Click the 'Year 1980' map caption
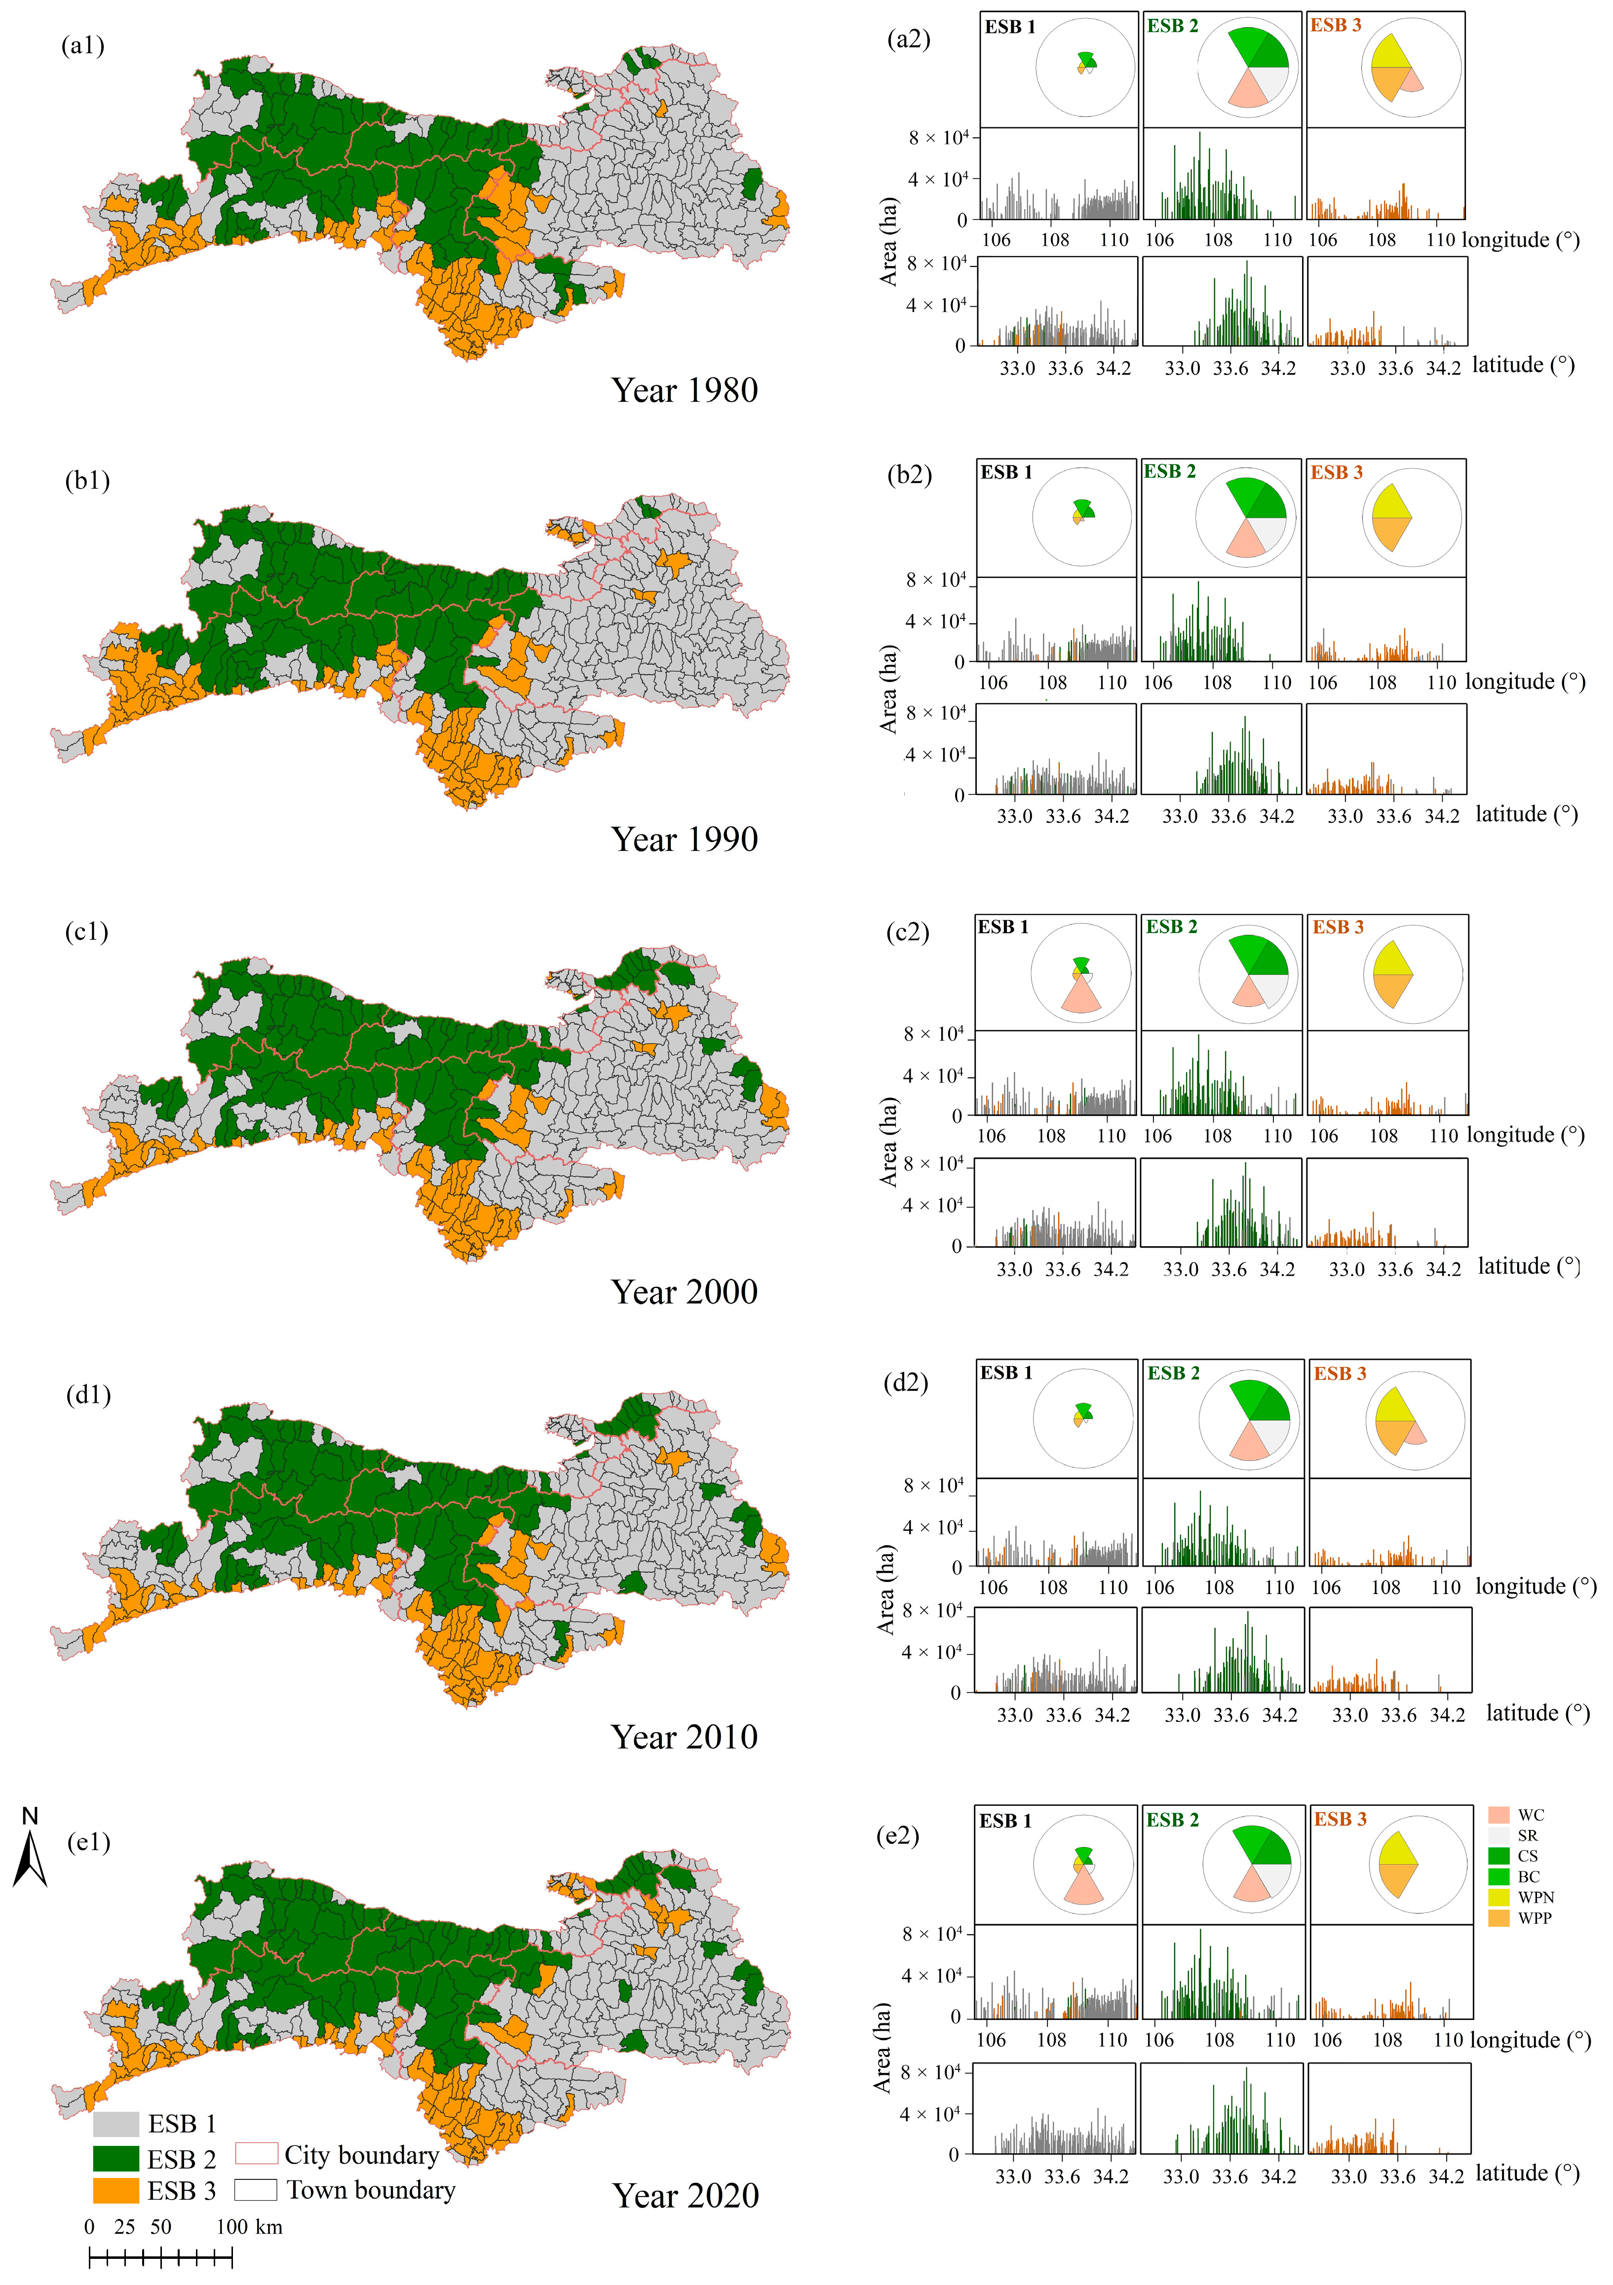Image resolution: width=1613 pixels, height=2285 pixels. [685, 390]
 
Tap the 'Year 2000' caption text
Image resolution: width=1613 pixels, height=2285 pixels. [685, 1292]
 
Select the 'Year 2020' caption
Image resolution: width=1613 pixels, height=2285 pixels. [686, 2196]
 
